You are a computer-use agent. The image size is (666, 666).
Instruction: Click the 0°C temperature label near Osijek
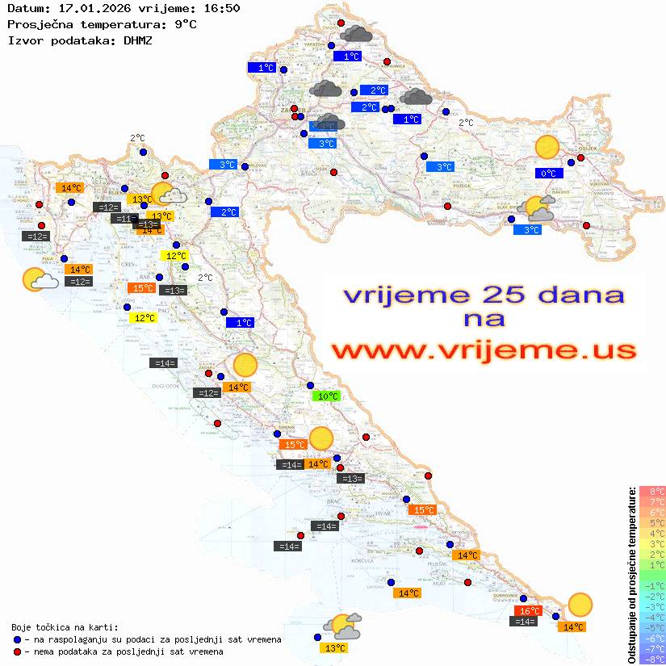549,173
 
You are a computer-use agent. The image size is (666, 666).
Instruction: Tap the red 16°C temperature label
528,611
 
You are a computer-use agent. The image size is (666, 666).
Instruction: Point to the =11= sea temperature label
123,219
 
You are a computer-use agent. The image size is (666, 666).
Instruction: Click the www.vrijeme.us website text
484,351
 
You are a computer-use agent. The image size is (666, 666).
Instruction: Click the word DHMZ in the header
139,40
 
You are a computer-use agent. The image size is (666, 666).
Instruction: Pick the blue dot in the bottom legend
17,639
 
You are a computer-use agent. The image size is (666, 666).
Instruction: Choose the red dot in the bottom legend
17,651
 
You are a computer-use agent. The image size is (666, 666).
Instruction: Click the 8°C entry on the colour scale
652,492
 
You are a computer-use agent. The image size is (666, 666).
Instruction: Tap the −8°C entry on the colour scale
652,659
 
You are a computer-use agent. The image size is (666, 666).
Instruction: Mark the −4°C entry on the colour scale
652,617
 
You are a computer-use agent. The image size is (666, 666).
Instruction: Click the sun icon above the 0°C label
547,148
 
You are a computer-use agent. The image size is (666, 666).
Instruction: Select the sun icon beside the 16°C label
579,604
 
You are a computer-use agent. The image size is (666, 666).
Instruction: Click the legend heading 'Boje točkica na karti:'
65,626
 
